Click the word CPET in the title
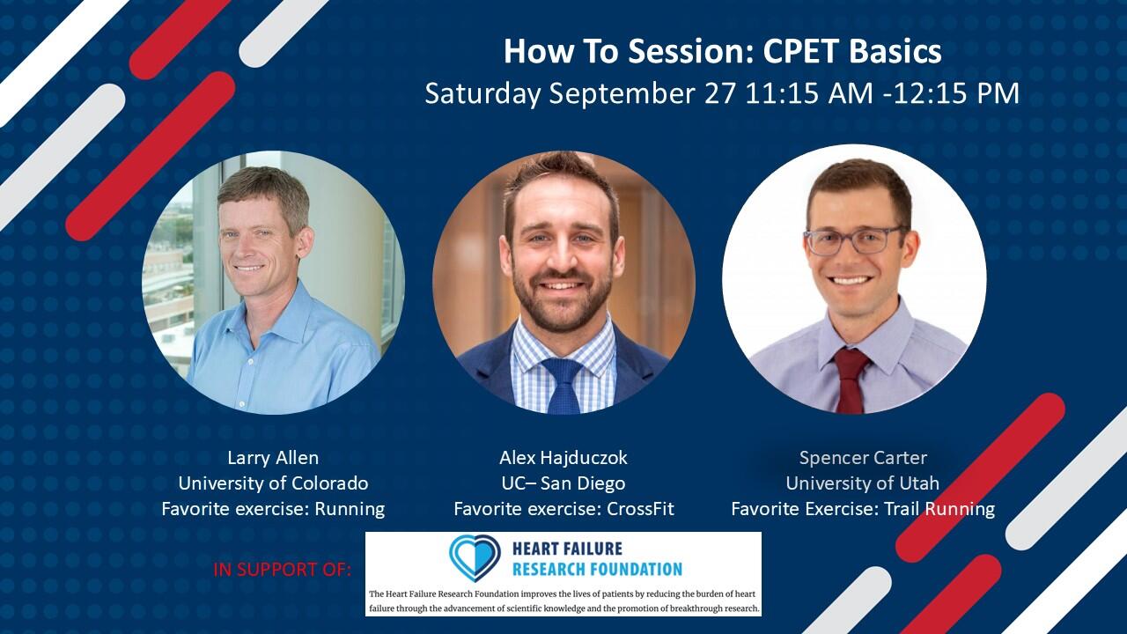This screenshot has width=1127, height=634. (x=797, y=52)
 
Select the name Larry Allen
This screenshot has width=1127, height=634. (x=273, y=458)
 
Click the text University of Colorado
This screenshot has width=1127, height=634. (x=273, y=483)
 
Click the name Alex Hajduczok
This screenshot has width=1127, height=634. (x=563, y=458)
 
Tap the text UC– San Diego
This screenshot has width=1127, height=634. (x=563, y=483)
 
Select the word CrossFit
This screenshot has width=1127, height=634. (x=640, y=509)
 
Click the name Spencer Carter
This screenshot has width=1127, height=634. (x=863, y=458)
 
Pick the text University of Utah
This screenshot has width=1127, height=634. (x=863, y=483)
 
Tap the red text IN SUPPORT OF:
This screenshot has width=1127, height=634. (x=282, y=570)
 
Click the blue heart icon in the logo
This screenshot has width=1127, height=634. (x=475, y=556)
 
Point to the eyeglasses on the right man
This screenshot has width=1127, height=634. (x=854, y=239)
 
